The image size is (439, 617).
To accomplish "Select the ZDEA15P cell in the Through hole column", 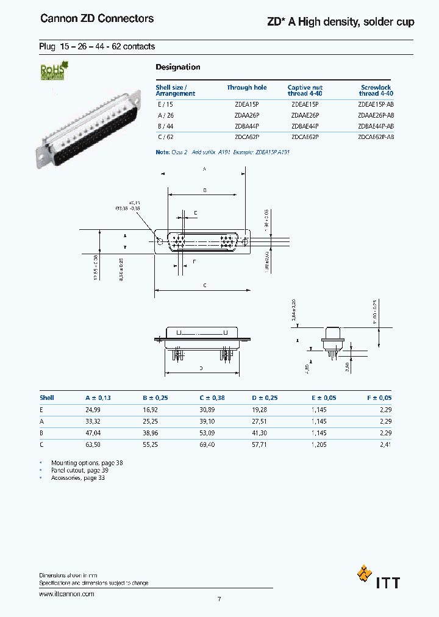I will (x=247, y=104).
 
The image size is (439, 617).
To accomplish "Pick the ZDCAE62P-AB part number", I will (x=376, y=137).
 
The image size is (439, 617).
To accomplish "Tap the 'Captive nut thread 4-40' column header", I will (x=305, y=90).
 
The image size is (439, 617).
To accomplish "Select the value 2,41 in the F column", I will (x=385, y=444).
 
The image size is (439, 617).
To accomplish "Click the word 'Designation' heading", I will (x=177, y=67).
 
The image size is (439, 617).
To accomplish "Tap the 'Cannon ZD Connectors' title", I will (x=97, y=19).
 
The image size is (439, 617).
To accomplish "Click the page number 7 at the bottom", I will (x=219, y=599).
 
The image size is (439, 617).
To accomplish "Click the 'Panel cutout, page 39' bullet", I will (x=80, y=471).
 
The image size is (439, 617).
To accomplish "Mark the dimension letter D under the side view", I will (x=201, y=369).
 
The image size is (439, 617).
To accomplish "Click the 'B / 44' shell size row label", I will (x=165, y=126).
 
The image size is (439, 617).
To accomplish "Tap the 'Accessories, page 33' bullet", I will (x=78, y=478).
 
